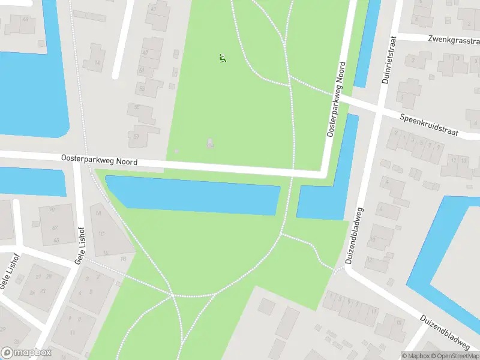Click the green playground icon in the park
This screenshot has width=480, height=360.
[x=223, y=58]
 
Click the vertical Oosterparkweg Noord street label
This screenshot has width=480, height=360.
[x=337, y=100]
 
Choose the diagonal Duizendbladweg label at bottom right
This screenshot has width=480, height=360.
[x=445, y=333]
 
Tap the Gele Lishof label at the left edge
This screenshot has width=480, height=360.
[x=10, y=272]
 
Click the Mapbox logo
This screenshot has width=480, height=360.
[x=26, y=353]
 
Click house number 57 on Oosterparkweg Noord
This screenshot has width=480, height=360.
[x=136, y=136]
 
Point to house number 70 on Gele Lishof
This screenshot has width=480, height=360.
[x=52, y=210]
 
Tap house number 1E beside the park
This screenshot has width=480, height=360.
[x=106, y=253]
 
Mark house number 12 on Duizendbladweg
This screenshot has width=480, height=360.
[x=370, y=261]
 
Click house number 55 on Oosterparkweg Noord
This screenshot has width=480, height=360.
[x=136, y=107]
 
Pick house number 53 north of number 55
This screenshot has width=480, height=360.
[x=142, y=89]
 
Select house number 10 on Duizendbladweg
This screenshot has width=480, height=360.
[x=373, y=239]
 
